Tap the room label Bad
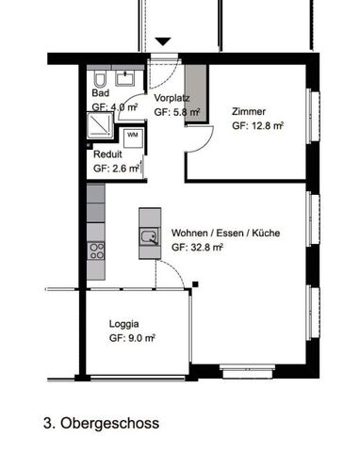(x=100, y=94)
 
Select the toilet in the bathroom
(x=100, y=77)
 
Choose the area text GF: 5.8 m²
(x=176, y=111)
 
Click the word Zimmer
(x=248, y=110)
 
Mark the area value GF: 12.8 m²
(x=257, y=124)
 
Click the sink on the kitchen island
(x=148, y=235)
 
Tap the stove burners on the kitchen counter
(x=95, y=250)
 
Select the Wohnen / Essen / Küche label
(x=225, y=234)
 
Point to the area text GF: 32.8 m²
(x=197, y=249)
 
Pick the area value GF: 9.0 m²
(x=132, y=336)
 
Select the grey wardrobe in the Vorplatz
(x=194, y=94)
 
